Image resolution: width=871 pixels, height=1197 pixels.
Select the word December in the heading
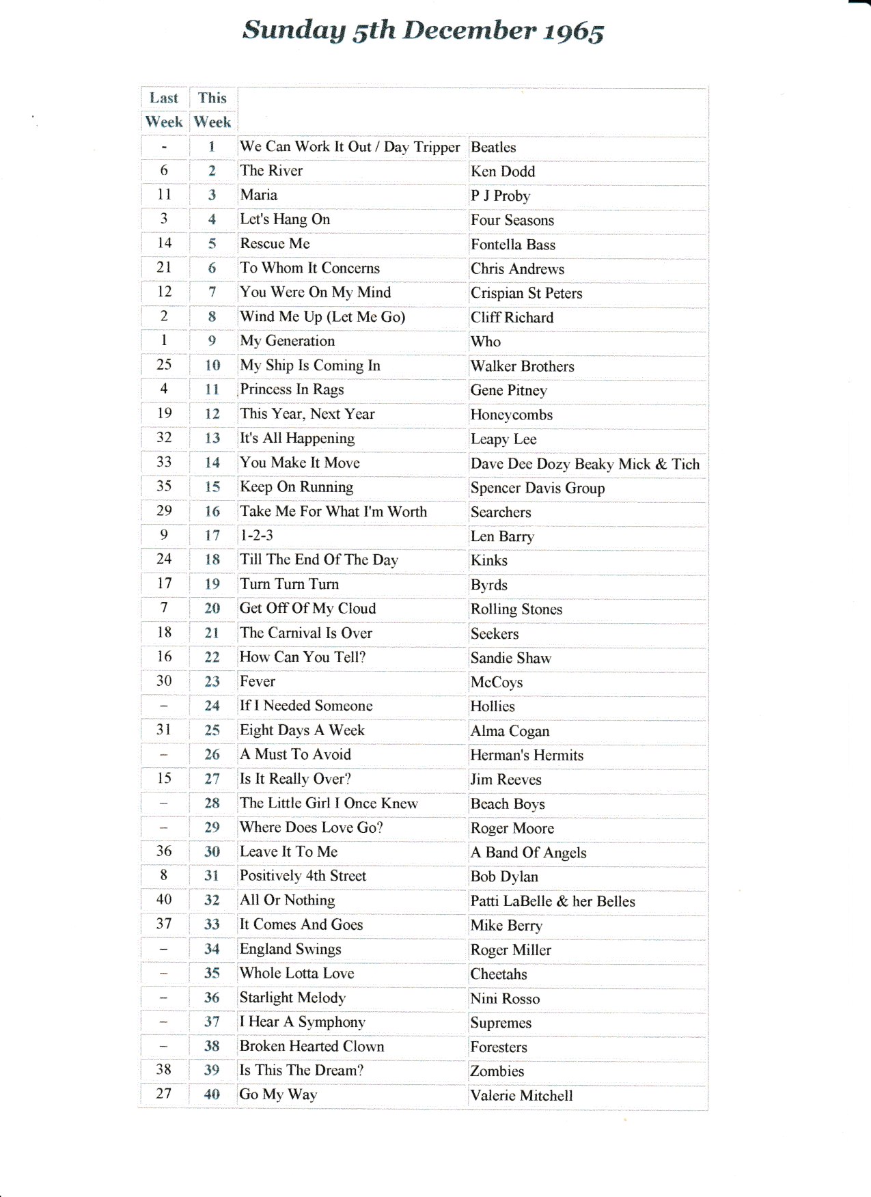pyautogui.click(x=469, y=30)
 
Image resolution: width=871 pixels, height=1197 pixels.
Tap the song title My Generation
pyautogui.click(x=287, y=341)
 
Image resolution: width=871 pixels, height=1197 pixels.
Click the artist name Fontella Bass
pyautogui.click(x=512, y=245)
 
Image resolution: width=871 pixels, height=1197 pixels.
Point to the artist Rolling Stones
pyautogui.click(x=516, y=609)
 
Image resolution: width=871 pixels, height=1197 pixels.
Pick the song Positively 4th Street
pyautogui.click(x=303, y=876)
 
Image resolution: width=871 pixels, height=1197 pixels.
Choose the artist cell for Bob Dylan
pyautogui.click(x=504, y=877)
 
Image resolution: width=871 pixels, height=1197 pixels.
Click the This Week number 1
pyautogui.click(x=212, y=147)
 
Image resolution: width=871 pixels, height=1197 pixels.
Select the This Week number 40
pyautogui.click(x=212, y=1095)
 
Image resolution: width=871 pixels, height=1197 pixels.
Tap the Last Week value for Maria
pyautogui.click(x=164, y=195)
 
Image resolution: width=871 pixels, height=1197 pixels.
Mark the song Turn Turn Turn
pyautogui.click(x=289, y=584)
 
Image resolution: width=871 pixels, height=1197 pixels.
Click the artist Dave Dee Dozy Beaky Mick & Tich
pyautogui.click(x=585, y=464)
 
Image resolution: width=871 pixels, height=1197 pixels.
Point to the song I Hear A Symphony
pyautogui.click(x=302, y=1022)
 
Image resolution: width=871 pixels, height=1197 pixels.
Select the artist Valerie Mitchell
pyautogui.click(x=521, y=1096)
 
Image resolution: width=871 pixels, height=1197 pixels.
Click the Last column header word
pyautogui.click(x=164, y=98)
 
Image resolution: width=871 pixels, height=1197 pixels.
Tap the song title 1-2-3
pyautogui.click(x=256, y=536)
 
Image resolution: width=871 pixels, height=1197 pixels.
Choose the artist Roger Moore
pyautogui.click(x=512, y=829)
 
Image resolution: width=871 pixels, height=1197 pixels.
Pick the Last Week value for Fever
pyautogui.click(x=164, y=681)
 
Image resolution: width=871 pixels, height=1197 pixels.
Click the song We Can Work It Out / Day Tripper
pyautogui.click(x=350, y=147)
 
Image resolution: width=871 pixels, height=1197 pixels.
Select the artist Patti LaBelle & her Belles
pyautogui.click(x=552, y=901)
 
